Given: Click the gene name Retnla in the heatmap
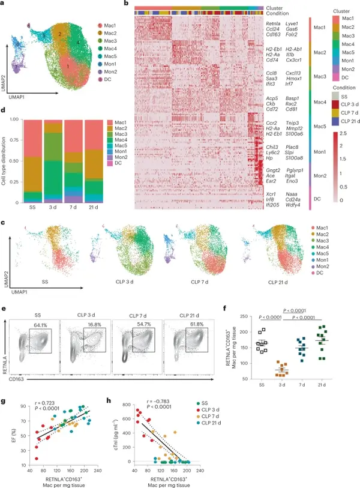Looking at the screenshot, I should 274,23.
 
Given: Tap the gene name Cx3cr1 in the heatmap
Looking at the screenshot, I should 296,61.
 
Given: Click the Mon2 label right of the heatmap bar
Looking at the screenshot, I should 320,175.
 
